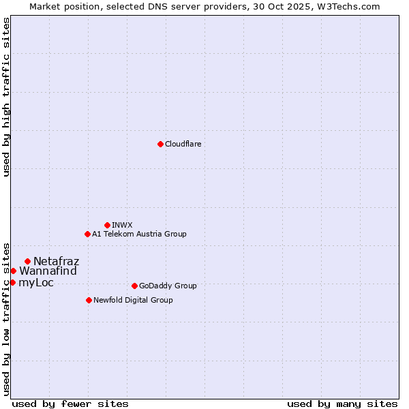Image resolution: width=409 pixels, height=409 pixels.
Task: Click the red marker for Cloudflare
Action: (x=160, y=144)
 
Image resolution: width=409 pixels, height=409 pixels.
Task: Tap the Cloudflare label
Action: (x=183, y=144)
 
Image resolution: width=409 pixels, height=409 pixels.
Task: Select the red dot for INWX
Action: (x=107, y=225)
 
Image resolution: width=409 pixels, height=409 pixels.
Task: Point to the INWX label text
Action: (x=122, y=225)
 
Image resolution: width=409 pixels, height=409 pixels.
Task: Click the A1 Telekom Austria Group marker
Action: (x=87, y=234)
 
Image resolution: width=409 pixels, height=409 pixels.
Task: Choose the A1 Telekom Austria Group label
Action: (x=139, y=234)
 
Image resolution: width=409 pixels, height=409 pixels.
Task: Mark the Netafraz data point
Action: (x=27, y=261)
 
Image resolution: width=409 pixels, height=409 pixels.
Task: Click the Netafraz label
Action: (x=56, y=261)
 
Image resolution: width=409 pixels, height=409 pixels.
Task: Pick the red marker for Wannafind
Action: (x=13, y=271)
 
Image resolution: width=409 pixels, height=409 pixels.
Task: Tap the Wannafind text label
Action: (x=48, y=271)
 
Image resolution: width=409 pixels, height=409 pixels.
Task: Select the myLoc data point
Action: (x=12, y=282)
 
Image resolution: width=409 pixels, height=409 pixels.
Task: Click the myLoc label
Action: (x=36, y=282)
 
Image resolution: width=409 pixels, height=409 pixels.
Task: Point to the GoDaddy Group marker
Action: (x=134, y=286)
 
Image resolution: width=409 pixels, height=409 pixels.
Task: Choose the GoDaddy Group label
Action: (x=168, y=286)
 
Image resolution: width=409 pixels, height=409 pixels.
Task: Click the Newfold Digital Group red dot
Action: (x=89, y=300)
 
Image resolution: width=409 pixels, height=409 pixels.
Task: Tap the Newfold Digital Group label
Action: (x=133, y=300)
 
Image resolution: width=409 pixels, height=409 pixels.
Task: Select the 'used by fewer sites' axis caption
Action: (x=70, y=404)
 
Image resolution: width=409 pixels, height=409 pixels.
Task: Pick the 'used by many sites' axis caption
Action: (x=342, y=404)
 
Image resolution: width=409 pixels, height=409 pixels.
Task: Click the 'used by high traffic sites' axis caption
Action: (x=6, y=97)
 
